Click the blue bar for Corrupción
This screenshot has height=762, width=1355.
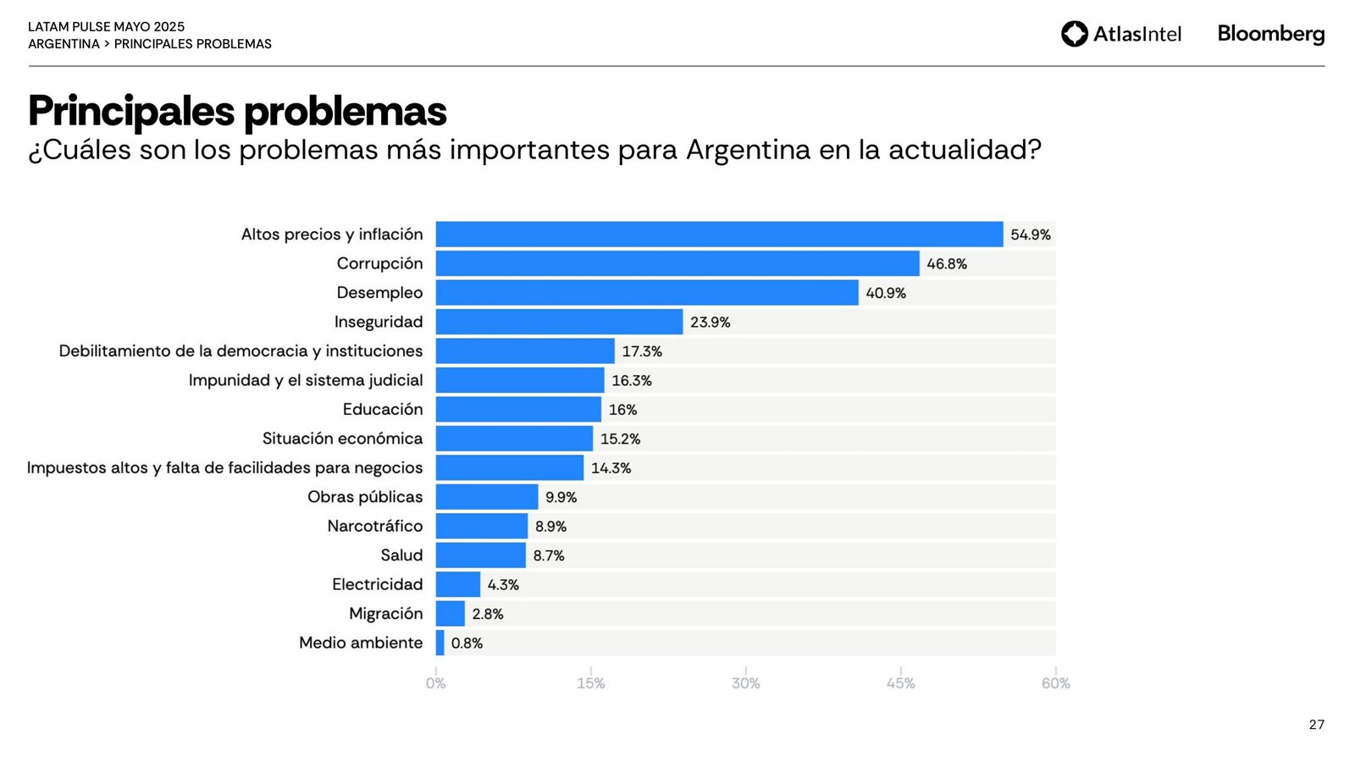click(x=677, y=263)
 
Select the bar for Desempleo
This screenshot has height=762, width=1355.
click(x=647, y=293)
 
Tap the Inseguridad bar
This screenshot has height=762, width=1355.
click(x=559, y=322)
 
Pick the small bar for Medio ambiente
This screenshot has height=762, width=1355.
click(x=440, y=643)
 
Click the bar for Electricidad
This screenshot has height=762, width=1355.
click(x=458, y=584)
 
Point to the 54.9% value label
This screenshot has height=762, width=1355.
click(x=1030, y=235)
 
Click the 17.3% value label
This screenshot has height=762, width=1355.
click(x=642, y=351)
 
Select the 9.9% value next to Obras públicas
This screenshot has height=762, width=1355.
click(x=561, y=497)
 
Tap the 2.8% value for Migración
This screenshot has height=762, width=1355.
click(x=488, y=614)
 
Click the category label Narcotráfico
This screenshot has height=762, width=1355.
click(x=374, y=526)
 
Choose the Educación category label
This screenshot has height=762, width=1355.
click(x=382, y=409)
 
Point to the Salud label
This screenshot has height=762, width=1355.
click(x=401, y=555)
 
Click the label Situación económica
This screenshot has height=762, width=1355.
click(x=342, y=439)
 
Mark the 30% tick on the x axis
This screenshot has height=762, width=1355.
click(x=745, y=683)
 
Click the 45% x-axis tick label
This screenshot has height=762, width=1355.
click(x=900, y=683)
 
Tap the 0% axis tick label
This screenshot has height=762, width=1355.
click(x=435, y=683)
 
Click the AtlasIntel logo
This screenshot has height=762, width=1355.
click(x=1121, y=34)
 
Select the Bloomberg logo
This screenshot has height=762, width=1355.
click(x=1270, y=34)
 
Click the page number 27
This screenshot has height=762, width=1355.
click(x=1316, y=725)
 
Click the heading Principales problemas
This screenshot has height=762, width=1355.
click(x=237, y=111)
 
